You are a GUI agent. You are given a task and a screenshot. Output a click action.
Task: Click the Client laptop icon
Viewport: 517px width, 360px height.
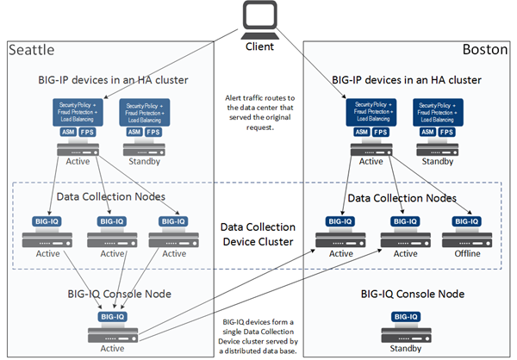point(259,18)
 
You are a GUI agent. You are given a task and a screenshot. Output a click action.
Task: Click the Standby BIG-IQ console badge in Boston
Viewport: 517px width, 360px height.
point(406,316)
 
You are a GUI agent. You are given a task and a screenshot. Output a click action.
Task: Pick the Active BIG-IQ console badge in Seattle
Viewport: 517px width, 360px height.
point(112,316)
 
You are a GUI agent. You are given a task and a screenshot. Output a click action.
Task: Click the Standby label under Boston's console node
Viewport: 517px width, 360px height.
point(406,349)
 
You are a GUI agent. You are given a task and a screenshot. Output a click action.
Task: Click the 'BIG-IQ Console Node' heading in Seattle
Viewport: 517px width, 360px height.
point(112,294)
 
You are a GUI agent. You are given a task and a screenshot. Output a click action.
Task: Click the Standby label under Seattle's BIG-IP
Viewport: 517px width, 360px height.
point(142,161)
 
